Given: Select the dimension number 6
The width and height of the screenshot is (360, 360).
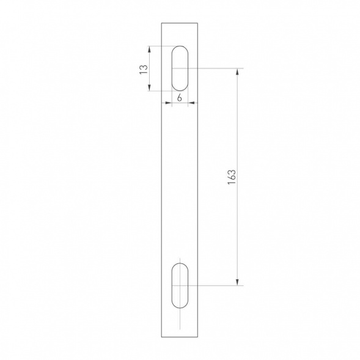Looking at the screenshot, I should click(x=180, y=98).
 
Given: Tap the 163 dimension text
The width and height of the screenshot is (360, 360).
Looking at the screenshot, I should click(x=230, y=176).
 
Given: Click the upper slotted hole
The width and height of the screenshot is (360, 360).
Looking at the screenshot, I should click(x=180, y=68).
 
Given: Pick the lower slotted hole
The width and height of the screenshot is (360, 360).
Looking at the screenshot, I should click(x=180, y=285).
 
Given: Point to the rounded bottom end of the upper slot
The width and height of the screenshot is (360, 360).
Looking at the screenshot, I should click(x=180, y=89).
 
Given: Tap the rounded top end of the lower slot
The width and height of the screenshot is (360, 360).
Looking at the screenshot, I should click(x=180, y=264).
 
